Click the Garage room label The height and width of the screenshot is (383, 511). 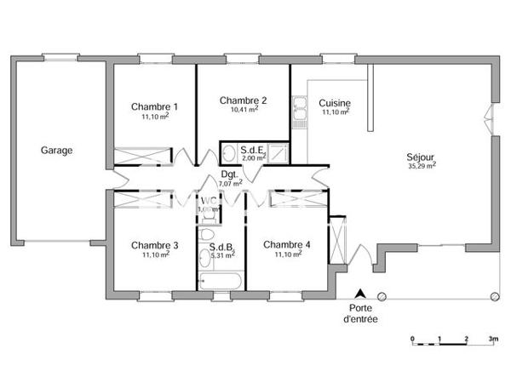[x=56, y=151]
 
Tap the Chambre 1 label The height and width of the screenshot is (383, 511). [x=154, y=106]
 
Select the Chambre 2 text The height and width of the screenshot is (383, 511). [x=243, y=100]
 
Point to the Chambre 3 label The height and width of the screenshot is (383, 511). [x=154, y=245]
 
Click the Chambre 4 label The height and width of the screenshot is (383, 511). [x=287, y=245]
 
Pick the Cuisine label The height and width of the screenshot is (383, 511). [x=336, y=103]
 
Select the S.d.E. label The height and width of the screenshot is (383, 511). [x=253, y=150]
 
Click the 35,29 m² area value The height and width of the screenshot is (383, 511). [x=422, y=167]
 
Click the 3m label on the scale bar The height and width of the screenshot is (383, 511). [x=493, y=339]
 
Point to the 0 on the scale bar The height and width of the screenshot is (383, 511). [x=412, y=339]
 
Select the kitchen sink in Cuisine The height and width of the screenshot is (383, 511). [x=299, y=111]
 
